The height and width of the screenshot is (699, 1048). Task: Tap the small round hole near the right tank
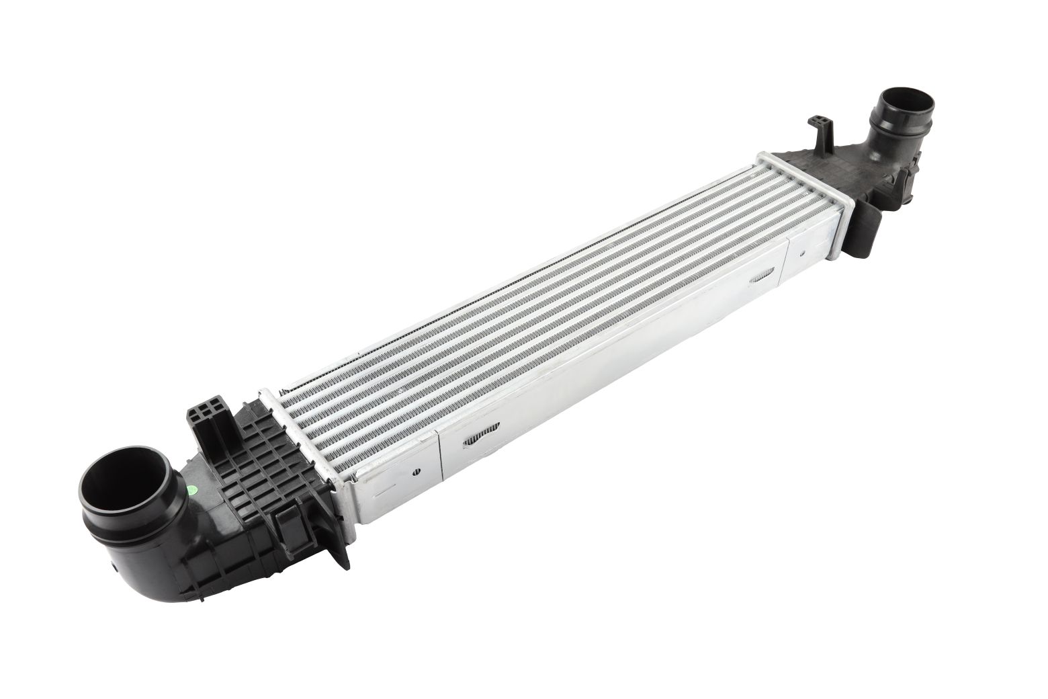point(803,254)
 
